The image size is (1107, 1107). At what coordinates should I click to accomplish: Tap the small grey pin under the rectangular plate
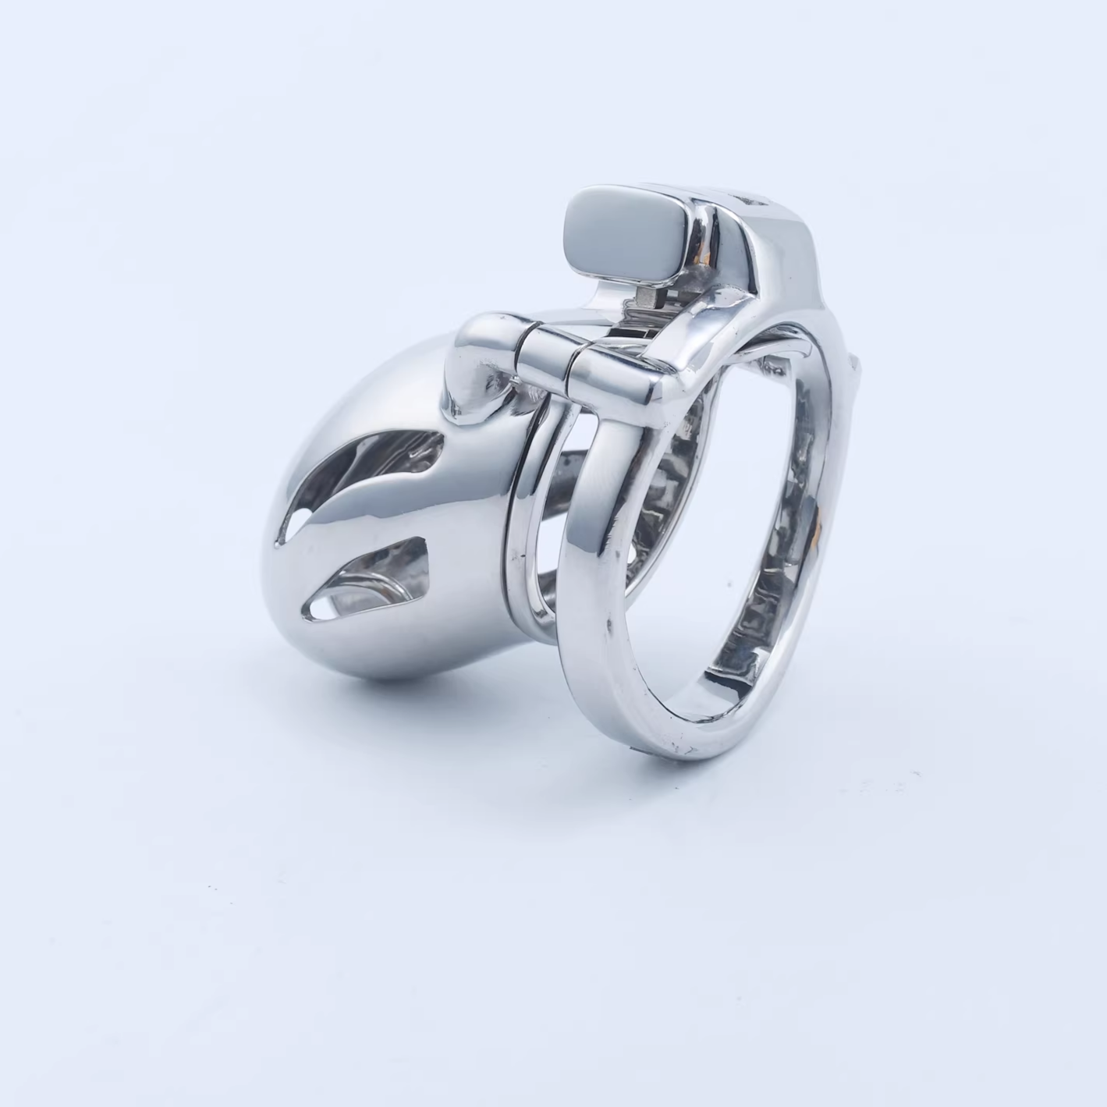pyautogui.click(x=645, y=294)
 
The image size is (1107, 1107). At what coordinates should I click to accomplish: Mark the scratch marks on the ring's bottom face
pyautogui.click(x=687, y=749)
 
